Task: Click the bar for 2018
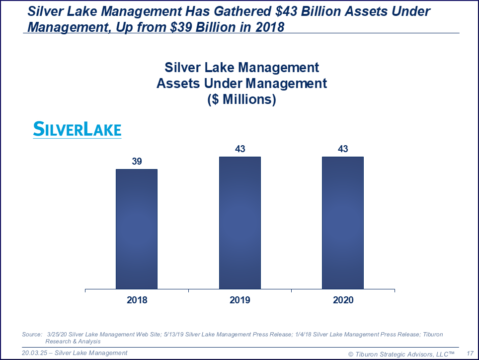pyautogui.click(x=137, y=229)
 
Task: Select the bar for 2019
pyautogui.click(x=240, y=223)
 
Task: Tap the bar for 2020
pyautogui.click(x=343, y=223)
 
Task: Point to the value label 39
pyautogui.click(x=137, y=161)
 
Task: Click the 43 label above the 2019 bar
pyautogui.click(x=240, y=149)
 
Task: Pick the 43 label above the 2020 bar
pyautogui.click(x=343, y=149)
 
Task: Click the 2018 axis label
pyautogui.click(x=137, y=300)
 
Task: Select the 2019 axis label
pyautogui.click(x=240, y=300)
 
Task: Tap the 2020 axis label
pyautogui.click(x=343, y=300)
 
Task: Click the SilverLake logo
pyautogui.click(x=77, y=129)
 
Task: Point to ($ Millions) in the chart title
pyautogui.click(x=241, y=99)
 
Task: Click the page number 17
pyautogui.click(x=470, y=354)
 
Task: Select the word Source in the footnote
pyautogui.click(x=32, y=334)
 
